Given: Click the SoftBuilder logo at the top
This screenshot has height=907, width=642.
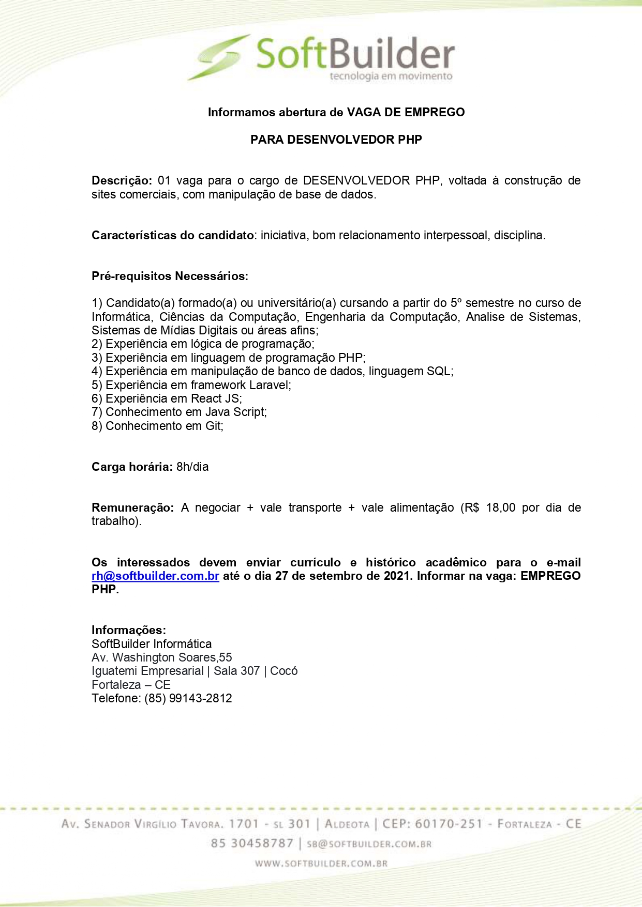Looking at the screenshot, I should click(x=321, y=57).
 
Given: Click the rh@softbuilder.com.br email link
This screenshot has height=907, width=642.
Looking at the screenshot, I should click(x=155, y=576).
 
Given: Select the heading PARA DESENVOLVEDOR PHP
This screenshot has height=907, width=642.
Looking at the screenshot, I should click(x=336, y=140).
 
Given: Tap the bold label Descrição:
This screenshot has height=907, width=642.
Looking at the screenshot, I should click(x=122, y=180).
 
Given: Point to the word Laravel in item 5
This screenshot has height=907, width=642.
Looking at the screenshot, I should click(x=270, y=385).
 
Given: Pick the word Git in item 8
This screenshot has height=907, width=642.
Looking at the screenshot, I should click(x=214, y=426).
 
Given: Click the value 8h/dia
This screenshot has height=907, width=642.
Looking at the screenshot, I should click(x=192, y=467).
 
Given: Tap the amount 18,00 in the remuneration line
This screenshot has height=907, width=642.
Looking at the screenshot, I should click(x=501, y=508).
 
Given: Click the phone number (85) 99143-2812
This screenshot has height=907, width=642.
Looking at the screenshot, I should click(x=188, y=698).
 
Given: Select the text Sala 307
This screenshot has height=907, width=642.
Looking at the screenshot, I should click(x=236, y=671).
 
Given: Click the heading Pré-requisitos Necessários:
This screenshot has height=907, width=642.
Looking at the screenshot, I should click(x=170, y=276).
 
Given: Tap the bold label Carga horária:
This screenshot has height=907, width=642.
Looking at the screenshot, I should click(x=132, y=467).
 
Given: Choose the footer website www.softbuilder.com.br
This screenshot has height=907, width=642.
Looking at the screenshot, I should click(x=321, y=863).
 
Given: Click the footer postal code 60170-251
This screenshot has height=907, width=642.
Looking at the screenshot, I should click(x=449, y=824).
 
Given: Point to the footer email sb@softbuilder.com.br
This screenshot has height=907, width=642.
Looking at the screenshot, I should click(x=369, y=844).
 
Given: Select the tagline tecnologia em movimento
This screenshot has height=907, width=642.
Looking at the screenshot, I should click(x=391, y=76).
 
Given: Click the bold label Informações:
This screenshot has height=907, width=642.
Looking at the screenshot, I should click(x=129, y=630).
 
